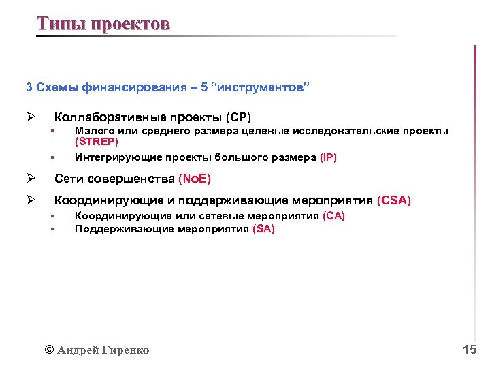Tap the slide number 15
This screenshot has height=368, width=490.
coord(469,350)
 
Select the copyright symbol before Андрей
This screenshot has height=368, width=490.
coord(48,350)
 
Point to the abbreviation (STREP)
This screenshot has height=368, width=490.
coord(97,142)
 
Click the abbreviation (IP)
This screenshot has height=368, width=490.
coord(328,157)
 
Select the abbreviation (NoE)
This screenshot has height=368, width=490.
coord(195,179)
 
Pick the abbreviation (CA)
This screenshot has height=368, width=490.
coord(333,216)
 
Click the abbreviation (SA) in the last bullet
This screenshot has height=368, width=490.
coord(263,229)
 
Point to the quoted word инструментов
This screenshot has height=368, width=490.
coord(260,87)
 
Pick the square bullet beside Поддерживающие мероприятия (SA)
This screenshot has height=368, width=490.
coord(51,230)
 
